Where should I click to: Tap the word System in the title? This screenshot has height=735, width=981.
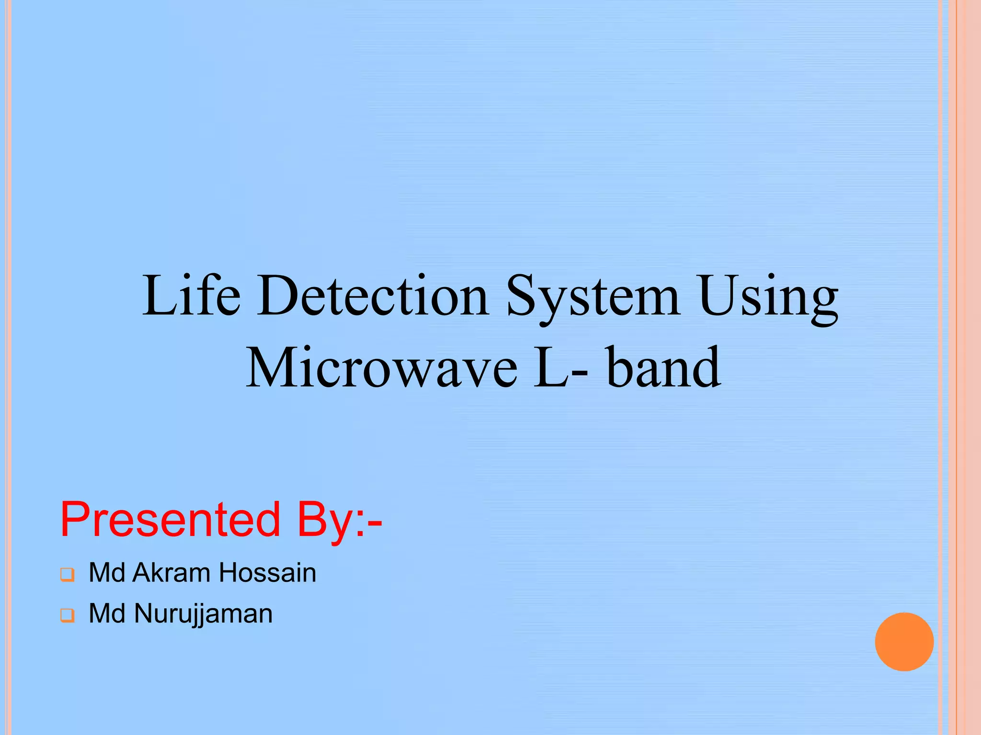pyautogui.click(x=593, y=297)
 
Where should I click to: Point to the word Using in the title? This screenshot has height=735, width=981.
pyautogui.click(x=768, y=297)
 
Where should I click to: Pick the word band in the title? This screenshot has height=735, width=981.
pyautogui.click(x=663, y=367)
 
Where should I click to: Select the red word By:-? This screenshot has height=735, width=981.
pyautogui.click(x=339, y=520)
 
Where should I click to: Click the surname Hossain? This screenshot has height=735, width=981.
pyautogui.click(x=268, y=572)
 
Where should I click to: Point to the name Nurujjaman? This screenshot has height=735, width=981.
pyautogui.click(x=203, y=614)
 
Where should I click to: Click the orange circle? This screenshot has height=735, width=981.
pyautogui.click(x=904, y=642)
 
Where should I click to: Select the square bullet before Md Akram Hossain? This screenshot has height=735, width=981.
pyautogui.click(x=68, y=574)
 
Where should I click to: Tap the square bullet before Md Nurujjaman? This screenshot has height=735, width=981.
pyautogui.click(x=68, y=615)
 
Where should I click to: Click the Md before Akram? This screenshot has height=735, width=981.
pyautogui.click(x=107, y=572)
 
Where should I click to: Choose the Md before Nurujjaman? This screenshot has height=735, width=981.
pyautogui.click(x=107, y=613)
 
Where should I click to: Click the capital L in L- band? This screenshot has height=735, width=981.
pyautogui.click(x=551, y=367)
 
